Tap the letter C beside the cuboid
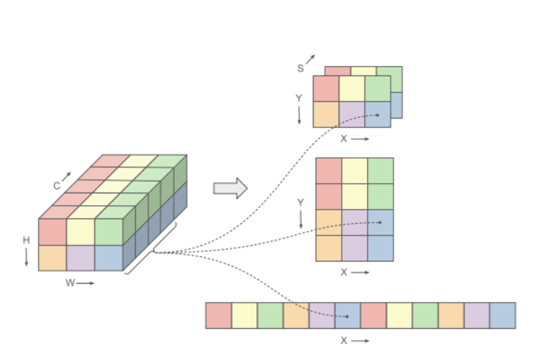tap(56, 187)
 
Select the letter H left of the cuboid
tap(26, 240)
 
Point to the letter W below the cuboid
tap(70, 283)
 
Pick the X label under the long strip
tap(343, 341)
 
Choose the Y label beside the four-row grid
tap(300, 202)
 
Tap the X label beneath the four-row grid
tap(344, 272)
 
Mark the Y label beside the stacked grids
tap(299, 98)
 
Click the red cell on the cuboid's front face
tap(53, 231)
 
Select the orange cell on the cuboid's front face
tap(53, 257)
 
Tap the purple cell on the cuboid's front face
tap(80, 257)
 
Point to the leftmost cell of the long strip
tap(218, 315)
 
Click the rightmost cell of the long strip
tap(502, 315)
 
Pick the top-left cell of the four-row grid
tap(328, 170)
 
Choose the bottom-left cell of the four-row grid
tap(328, 248)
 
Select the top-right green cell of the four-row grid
tap(380, 170)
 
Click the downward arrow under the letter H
tap(26, 256)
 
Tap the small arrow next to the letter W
tap(86, 283)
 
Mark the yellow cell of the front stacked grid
tap(351, 88)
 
